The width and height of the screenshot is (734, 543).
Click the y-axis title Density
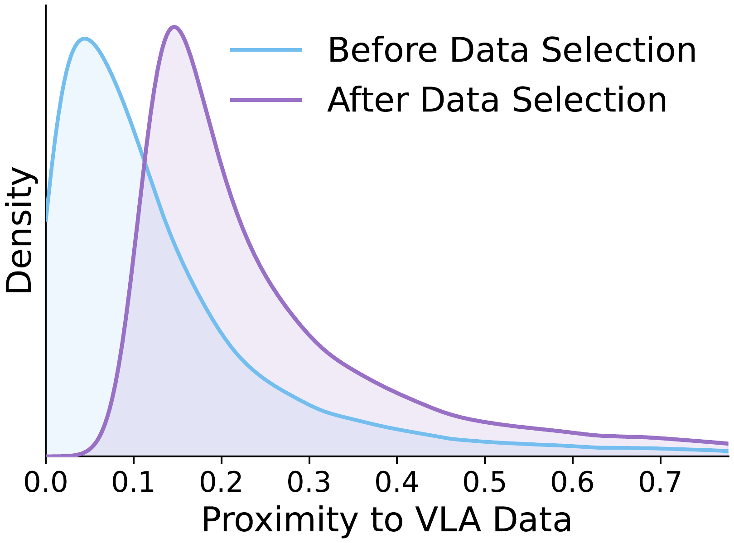[x=19, y=230]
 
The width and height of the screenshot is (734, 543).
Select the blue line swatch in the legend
[x=266, y=50]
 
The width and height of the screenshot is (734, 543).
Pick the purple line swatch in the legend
[x=266, y=100]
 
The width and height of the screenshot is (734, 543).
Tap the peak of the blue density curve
[x=84, y=39]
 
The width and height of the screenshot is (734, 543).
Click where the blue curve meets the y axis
[x=47, y=220]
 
